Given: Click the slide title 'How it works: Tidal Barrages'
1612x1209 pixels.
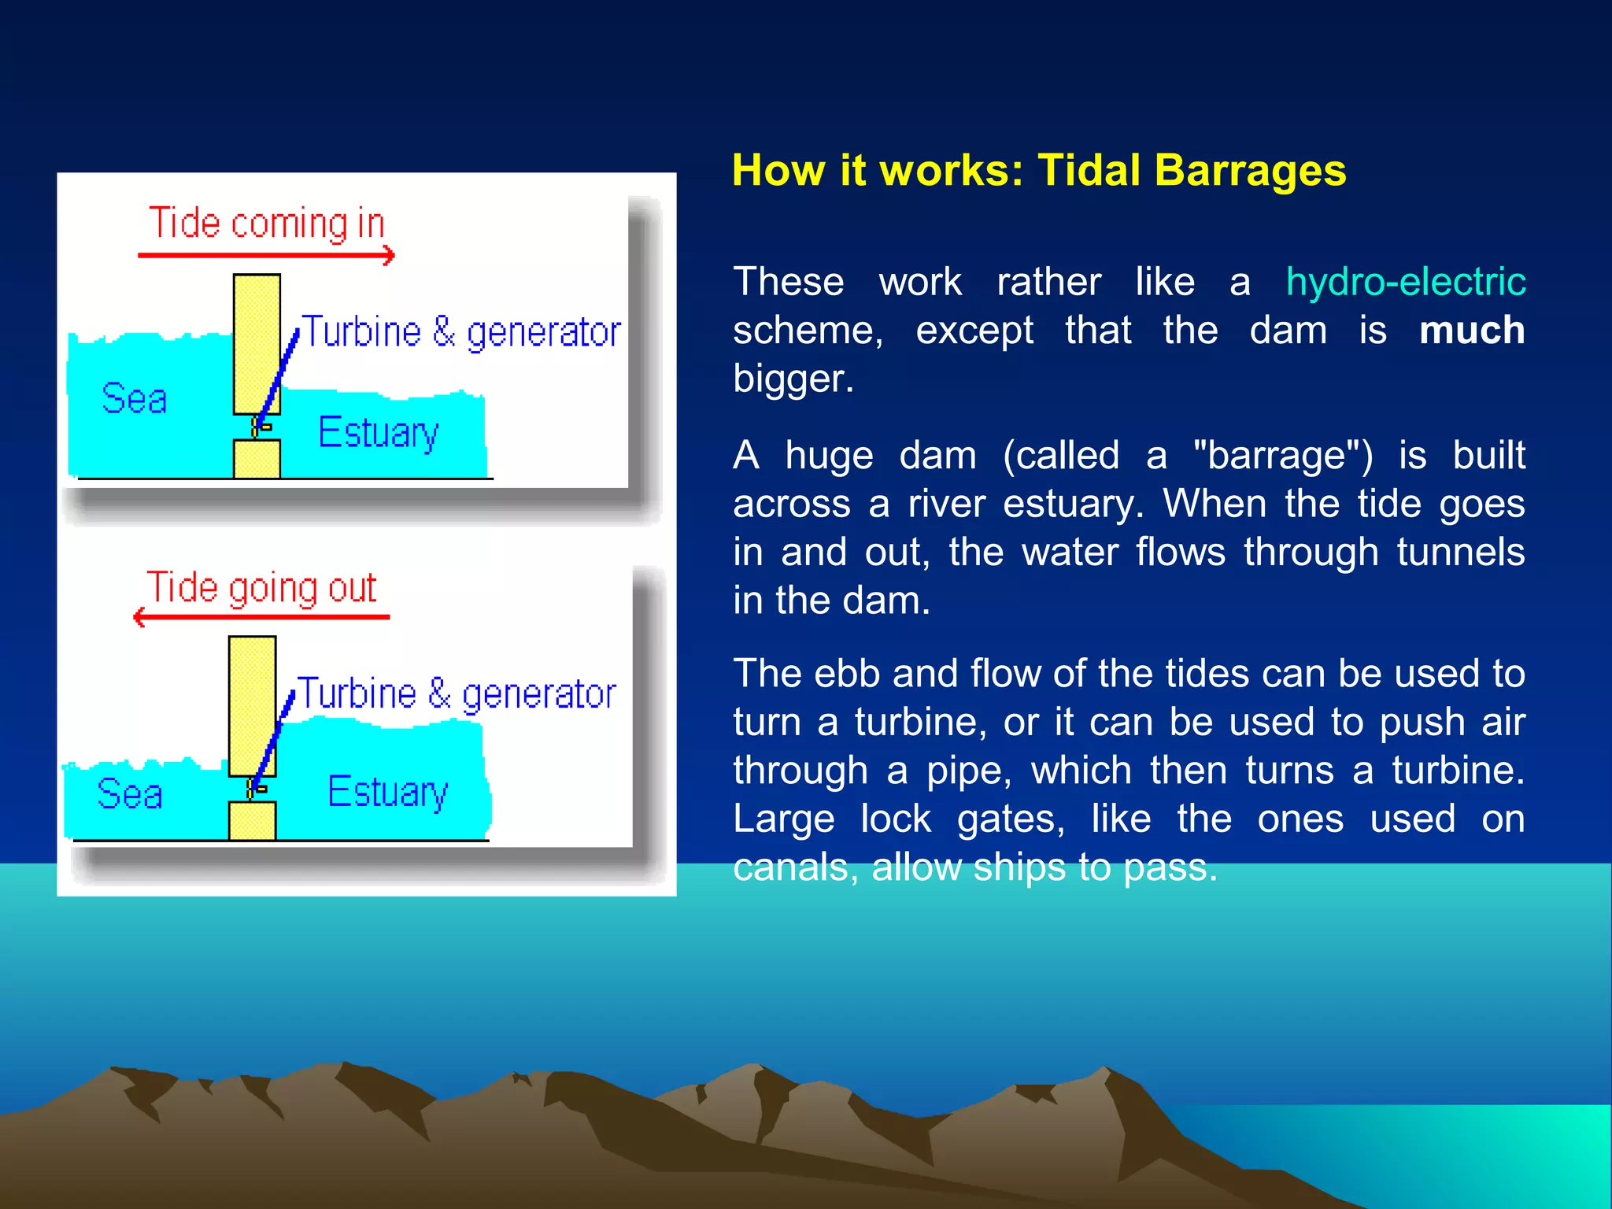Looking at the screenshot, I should tap(1038, 170).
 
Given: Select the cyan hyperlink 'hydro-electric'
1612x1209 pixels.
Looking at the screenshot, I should tap(1405, 282).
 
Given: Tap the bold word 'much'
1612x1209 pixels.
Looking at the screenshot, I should tap(1471, 330).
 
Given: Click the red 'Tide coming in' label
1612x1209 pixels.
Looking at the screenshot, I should tap(267, 224).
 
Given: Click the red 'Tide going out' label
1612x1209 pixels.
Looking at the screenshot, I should tap(262, 588).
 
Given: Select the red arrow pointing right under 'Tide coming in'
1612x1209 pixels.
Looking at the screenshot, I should tap(266, 255).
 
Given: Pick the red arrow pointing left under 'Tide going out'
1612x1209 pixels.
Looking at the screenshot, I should tap(261, 617).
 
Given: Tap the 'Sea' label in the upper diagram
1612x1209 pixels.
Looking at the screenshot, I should tap(135, 398).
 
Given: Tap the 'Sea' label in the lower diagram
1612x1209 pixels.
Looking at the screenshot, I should tap(130, 793).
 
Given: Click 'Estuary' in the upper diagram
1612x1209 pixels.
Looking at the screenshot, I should tap(378, 433).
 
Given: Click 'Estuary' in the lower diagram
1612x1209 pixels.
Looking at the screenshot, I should tap(387, 792).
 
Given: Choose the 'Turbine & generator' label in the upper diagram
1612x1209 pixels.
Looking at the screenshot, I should tap(461, 332).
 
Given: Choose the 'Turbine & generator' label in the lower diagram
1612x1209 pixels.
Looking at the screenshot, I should tap(457, 694).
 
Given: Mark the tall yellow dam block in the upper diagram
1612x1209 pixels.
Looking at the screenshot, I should tap(257, 343).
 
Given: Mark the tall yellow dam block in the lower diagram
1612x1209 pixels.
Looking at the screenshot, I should tap(252, 705).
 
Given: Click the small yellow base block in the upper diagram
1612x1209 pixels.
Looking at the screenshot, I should tap(257, 459).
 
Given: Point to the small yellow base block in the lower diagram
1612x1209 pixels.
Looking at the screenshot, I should tap(252, 821).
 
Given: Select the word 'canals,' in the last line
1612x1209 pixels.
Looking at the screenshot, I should tap(795, 867).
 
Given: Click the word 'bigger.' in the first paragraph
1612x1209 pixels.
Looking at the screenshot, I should tap(793, 379).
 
